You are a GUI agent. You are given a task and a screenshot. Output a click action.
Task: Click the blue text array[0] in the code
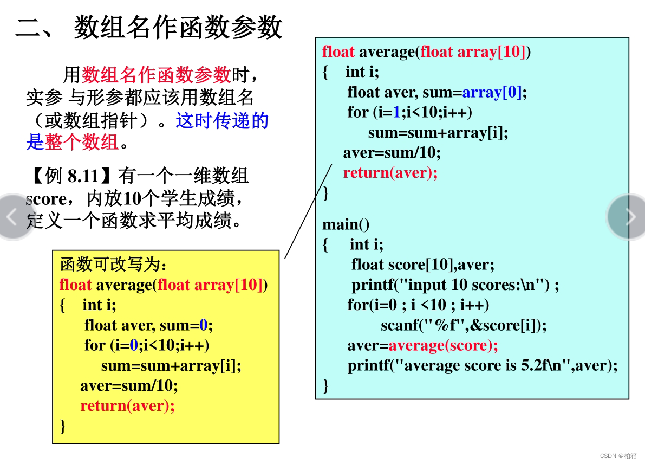[492, 92]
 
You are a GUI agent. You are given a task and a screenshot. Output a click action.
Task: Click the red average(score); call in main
[443, 345]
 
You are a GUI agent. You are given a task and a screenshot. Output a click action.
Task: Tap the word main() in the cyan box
[346, 224]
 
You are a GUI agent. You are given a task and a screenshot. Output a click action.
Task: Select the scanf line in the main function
[464, 325]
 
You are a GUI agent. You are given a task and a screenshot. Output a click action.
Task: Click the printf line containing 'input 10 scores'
[455, 285]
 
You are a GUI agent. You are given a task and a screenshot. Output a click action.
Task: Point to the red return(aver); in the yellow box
[127, 406]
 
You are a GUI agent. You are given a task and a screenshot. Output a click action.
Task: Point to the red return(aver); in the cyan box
[390, 172]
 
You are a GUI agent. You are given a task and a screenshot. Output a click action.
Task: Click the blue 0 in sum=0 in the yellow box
[203, 325]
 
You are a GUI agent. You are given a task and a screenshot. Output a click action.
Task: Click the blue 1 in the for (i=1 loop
[396, 112]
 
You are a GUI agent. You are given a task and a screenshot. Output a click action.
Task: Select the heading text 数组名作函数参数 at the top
[178, 27]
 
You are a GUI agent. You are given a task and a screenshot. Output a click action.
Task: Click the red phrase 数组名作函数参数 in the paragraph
[157, 75]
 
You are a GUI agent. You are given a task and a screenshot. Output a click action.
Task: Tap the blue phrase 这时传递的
[222, 121]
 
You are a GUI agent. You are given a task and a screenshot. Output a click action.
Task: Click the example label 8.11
[83, 176]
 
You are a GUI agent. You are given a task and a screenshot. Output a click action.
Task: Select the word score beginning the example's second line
[46, 199]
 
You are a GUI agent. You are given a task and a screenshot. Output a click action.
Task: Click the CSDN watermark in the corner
[618, 456]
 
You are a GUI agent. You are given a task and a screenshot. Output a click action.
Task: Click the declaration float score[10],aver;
[423, 265]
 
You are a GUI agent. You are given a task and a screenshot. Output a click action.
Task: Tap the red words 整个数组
[81, 142]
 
